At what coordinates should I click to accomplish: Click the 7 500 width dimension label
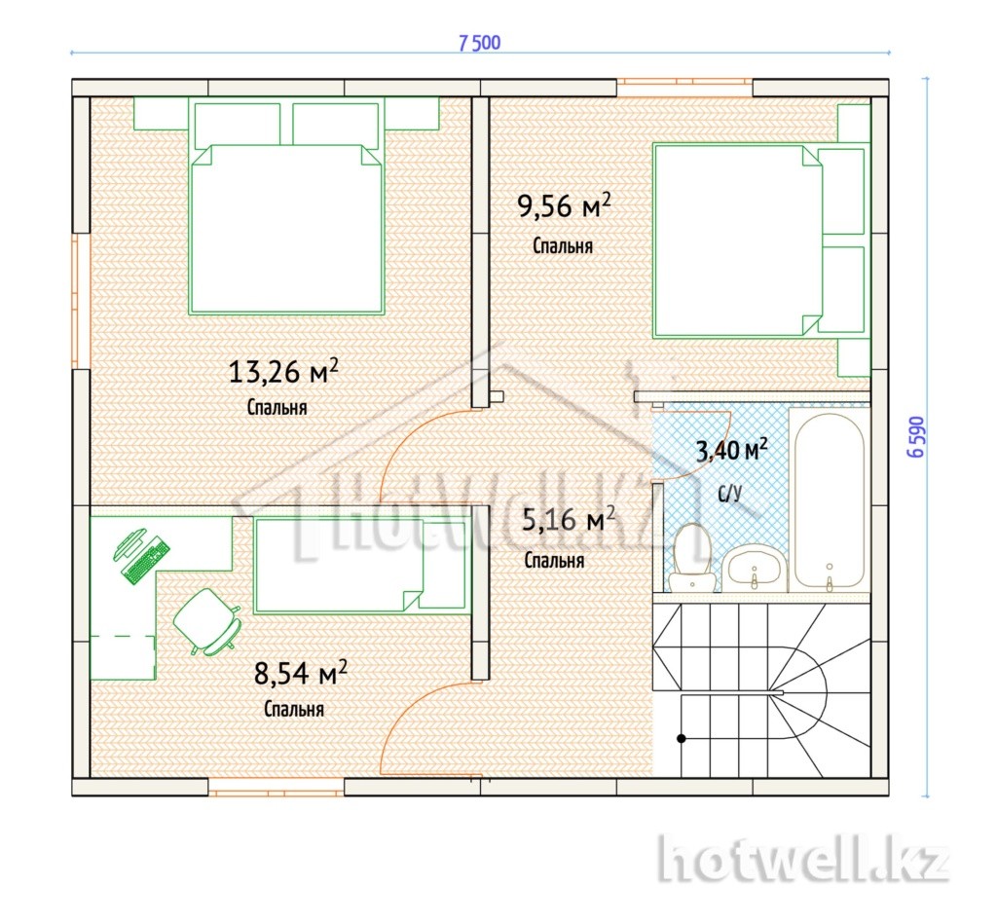coord(479,43)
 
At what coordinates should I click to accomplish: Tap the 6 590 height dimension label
coord(916,437)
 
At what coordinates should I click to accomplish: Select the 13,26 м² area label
coord(283,371)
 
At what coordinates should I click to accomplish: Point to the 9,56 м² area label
coord(564,205)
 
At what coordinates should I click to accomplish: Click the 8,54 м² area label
coord(301,673)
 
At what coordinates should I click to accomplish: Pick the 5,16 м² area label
coord(569,519)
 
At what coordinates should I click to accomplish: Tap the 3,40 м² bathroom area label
coord(732,450)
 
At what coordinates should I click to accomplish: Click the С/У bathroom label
coord(729,493)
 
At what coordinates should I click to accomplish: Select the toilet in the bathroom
coord(692,557)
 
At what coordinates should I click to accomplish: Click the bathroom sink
coord(755,569)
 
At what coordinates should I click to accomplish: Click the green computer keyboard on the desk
coord(146,561)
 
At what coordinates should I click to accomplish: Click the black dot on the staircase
coord(681,738)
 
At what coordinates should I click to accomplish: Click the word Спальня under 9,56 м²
coord(563,246)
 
